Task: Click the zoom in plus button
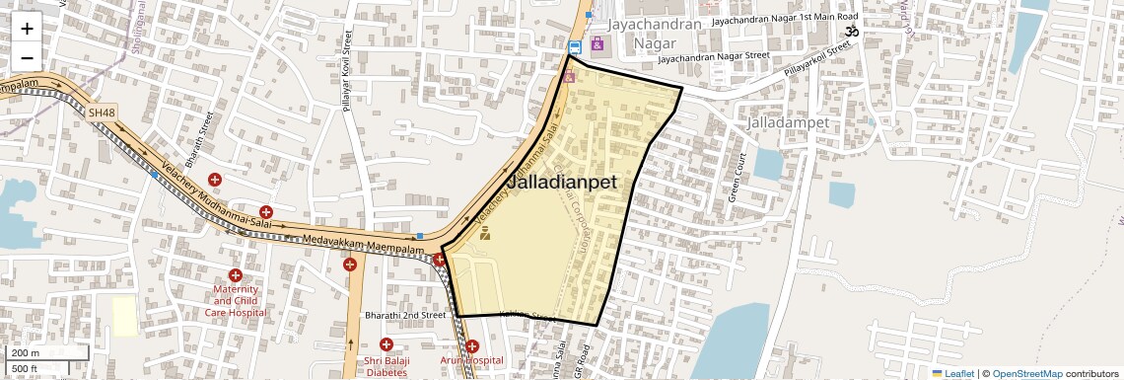pos(27,30)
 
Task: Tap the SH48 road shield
pos(102,114)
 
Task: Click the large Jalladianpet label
pos(561,183)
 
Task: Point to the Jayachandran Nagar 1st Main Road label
pos(785,18)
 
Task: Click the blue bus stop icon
pos(575,46)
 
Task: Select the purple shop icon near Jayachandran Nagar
pos(597,43)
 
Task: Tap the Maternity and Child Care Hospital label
pos(235,300)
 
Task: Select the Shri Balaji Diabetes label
pos(386,366)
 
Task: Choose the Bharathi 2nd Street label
pos(405,315)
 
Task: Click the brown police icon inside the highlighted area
pos(484,234)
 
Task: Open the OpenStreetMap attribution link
pos(1026,373)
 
